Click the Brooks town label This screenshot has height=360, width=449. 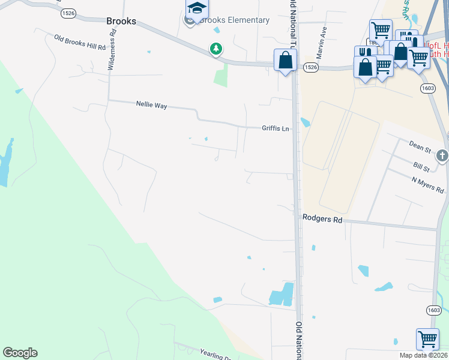(121, 21)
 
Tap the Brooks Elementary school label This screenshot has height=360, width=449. (234, 20)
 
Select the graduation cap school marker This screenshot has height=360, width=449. (196, 9)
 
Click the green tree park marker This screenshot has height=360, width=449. (215, 49)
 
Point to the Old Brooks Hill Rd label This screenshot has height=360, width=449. (79, 43)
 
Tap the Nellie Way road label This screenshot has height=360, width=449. (151, 106)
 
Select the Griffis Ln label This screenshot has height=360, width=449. (275, 128)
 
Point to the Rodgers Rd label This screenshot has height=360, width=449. (322, 220)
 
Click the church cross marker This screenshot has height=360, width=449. (442, 156)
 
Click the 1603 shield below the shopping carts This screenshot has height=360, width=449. (427, 87)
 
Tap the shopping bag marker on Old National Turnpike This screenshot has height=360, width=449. (285, 59)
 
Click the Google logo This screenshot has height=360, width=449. (20, 353)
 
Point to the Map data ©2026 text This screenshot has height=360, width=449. (424, 356)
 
